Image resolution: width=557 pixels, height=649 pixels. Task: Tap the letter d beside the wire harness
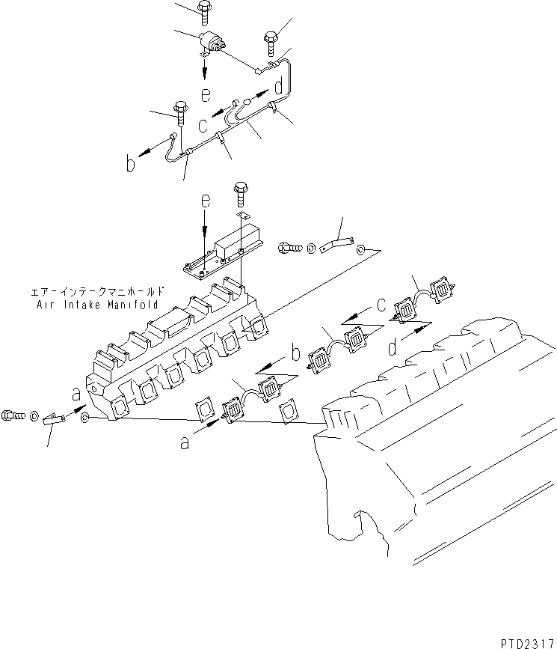[278, 88]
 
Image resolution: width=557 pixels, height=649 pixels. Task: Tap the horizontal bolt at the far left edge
[16, 412]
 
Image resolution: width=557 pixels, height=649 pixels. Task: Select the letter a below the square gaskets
[185, 443]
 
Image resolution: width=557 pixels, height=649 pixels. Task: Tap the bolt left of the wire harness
[180, 111]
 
